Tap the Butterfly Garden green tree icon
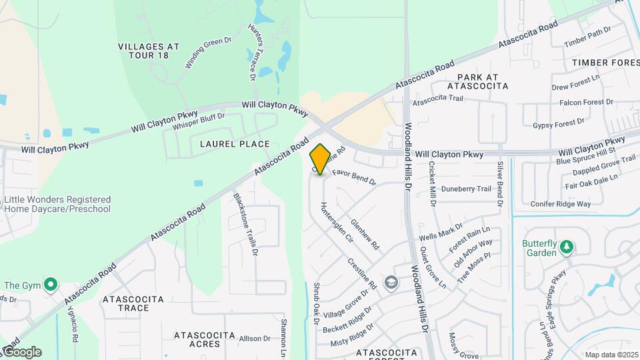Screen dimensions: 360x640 pos(567,248)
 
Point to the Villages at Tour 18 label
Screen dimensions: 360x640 pos(149,51)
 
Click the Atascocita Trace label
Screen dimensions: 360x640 pos(133,304)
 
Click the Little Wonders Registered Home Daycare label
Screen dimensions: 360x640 pos(57,204)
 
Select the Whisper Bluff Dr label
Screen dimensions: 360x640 pos(199,122)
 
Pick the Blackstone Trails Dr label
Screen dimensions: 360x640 pos(245,225)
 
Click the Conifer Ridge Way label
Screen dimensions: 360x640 pos(561,203)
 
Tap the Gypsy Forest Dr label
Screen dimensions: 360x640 pos(559,123)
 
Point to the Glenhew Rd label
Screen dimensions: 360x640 pos(365,235)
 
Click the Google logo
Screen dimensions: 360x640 pos(21,352)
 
